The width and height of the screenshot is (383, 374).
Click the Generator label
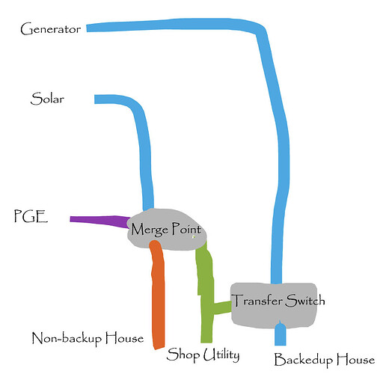click(x=51, y=29)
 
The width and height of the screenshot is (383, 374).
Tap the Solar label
click(x=47, y=99)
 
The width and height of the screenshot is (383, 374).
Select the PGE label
click(x=31, y=216)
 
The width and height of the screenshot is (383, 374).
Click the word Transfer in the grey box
click(x=257, y=300)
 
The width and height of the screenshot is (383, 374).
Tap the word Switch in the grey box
click(x=305, y=300)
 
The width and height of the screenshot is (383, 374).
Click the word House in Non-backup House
click(x=124, y=338)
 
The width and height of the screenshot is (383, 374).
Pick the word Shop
click(x=183, y=355)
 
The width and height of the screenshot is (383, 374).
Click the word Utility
click(x=221, y=355)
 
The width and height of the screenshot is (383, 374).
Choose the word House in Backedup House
click(x=355, y=360)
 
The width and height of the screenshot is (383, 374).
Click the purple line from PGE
click(x=99, y=221)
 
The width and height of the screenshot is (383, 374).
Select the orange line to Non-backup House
click(x=158, y=294)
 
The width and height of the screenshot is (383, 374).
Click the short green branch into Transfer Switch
click(x=222, y=307)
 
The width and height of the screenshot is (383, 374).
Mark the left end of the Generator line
click(x=87, y=28)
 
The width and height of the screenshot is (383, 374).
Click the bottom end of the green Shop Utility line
click(x=206, y=342)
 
